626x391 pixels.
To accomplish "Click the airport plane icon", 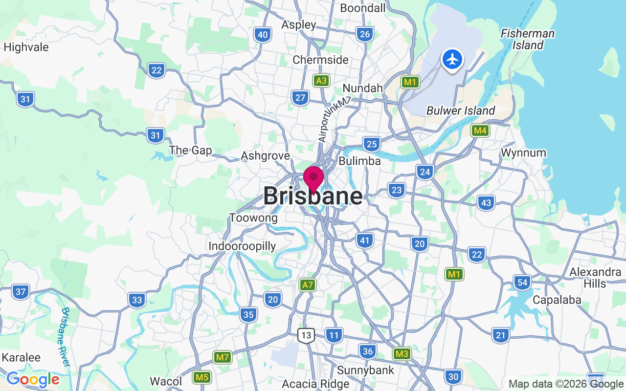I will tap(452, 60).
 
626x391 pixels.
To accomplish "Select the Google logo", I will tap(33, 379).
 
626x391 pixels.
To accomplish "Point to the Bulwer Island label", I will tap(461, 111).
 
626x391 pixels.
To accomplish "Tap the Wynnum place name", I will tap(523, 153).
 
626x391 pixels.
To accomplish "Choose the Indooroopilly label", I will tap(242, 246).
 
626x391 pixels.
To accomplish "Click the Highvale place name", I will tap(26, 47).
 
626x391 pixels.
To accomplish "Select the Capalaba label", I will tap(557, 300).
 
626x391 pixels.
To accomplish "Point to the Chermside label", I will tap(320, 60).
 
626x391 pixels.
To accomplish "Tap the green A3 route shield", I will tap(321, 81).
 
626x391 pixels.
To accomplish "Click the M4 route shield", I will tap(480, 130).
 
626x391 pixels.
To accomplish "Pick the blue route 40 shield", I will tap(263, 34).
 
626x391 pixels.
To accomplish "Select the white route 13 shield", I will tap(306, 335).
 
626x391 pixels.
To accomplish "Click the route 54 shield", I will tap(522, 282).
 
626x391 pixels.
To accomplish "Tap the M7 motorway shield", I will tap(223, 357).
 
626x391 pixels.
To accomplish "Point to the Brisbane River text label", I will tap(66, 337).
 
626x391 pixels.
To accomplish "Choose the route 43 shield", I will tap(486, 202).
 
